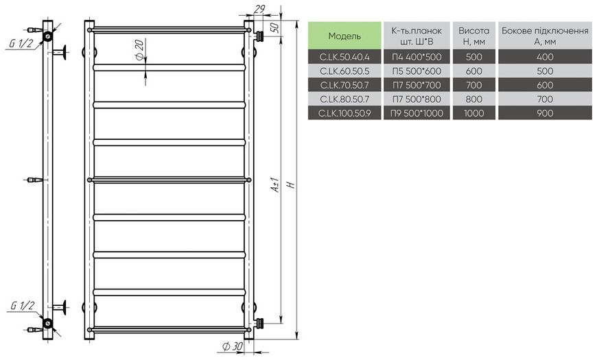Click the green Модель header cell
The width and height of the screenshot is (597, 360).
pyautogui.click(x=344, y=36)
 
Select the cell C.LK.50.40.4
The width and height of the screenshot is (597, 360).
pyautogui.click(x=344, y=57)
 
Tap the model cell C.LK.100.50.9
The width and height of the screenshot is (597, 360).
pyautogui.click(x=344, y=113)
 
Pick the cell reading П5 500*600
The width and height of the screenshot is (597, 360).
pyautogui.click(x=417, y=71)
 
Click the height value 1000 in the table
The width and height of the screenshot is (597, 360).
pyautogui.click(x=474, y=113)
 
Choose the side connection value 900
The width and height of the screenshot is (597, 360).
pyautogui.click(x=545, y=113)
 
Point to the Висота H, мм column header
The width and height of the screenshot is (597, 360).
pyautogui.click(x=474, y=36)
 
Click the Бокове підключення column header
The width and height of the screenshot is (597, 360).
pyautogui.click(x=545, y=36)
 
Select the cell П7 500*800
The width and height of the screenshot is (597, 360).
pyautogui.click(x=417, y=99)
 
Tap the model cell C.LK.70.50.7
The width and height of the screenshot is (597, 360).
pyautogui.click(x=344, y=85)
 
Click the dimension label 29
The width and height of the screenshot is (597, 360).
pyautogui.click(x=259, y=9)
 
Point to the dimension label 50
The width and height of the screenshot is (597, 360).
pyautogui.click(x=274, y=27)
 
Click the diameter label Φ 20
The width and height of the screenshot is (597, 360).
pyautogui.click(x=139, y=49)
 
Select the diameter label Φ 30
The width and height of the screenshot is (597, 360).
pyautogui.click(x=232, y=346)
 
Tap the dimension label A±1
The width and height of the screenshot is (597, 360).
pyautogui.click(x=275, y=184)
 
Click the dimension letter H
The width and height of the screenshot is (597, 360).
pyautogui.click(x=291, y=184)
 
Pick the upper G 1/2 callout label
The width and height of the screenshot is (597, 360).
pyautogui.click(x=21, y=43)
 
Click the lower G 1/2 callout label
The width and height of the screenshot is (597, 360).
pyautogui.click(x=23, y=305)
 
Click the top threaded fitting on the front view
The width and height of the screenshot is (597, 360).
pyautogui.click(x=259, y=36)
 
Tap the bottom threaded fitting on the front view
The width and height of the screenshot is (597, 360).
pyautogui.click(x=259, y=323)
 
